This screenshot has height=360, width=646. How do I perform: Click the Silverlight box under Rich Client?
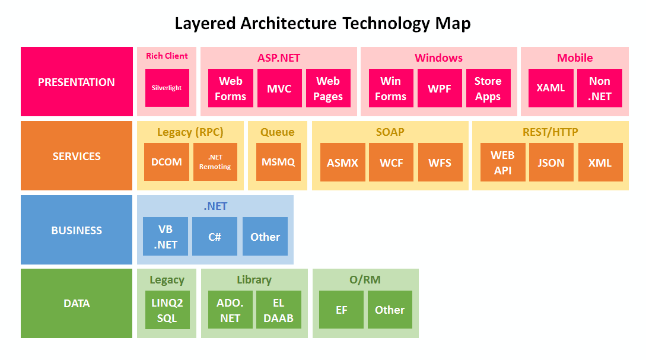point(167,88)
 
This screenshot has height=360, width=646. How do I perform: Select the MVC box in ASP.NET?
point(279,88)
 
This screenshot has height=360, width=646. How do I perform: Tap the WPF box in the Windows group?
point(439,88)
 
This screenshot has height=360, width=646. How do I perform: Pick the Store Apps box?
point(488,88)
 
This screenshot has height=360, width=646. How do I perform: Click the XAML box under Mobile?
point(550,88)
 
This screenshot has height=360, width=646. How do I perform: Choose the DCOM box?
point(167,162)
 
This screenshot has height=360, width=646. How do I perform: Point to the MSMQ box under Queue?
point(278,162)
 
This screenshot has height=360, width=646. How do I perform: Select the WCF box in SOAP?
point(391,162)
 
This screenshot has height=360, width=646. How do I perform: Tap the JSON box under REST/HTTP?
point(550,162)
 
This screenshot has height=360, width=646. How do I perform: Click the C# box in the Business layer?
point(214,237)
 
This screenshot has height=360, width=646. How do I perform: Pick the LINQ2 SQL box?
point(167,310)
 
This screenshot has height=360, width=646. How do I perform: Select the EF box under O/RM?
point(341,310)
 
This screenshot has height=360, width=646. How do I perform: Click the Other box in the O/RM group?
point(390,310)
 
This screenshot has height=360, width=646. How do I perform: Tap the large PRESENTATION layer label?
point(77,82)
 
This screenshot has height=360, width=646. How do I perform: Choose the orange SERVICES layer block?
point(77,156)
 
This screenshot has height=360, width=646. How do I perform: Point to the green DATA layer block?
point(77,304)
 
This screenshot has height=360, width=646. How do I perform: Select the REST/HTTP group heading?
point(550,132)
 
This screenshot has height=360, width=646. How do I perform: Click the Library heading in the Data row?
point(254,280)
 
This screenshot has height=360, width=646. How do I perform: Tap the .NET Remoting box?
point(215,162)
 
